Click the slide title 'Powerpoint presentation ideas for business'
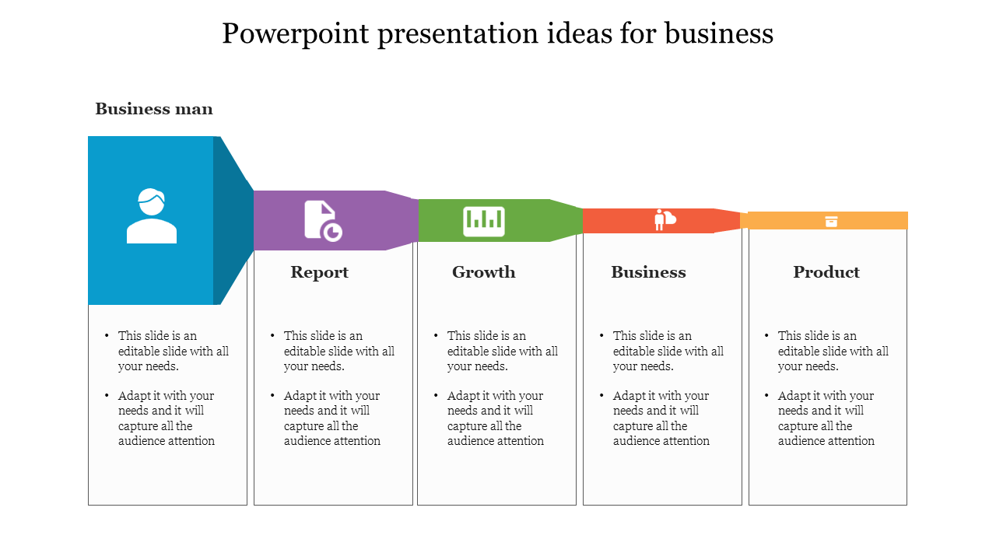[x=497, y=33]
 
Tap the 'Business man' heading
[x=154, y=109]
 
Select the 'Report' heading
[x=319, y=272]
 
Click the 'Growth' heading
[x=484, y=272]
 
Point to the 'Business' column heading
[x=648, y=272]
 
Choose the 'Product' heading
[x=826, y=272]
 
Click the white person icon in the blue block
[x=152, y=215]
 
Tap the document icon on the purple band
[x=323, y=221]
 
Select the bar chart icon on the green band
[x=484, y=222]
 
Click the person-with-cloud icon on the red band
[x=665, y=219]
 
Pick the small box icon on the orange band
[x=832, y=222]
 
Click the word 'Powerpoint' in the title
[x=295, y=34]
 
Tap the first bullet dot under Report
[x=272, y=335]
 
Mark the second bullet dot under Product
[x=766, y=394]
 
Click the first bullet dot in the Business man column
[x=107, y=335]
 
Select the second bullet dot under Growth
[x=436, y=394]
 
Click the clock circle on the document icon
[x=332, y=232]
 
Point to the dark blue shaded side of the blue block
[x=231, y=220]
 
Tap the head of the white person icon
[x=152, y=201]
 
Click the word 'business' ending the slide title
[x=720, y=33]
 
